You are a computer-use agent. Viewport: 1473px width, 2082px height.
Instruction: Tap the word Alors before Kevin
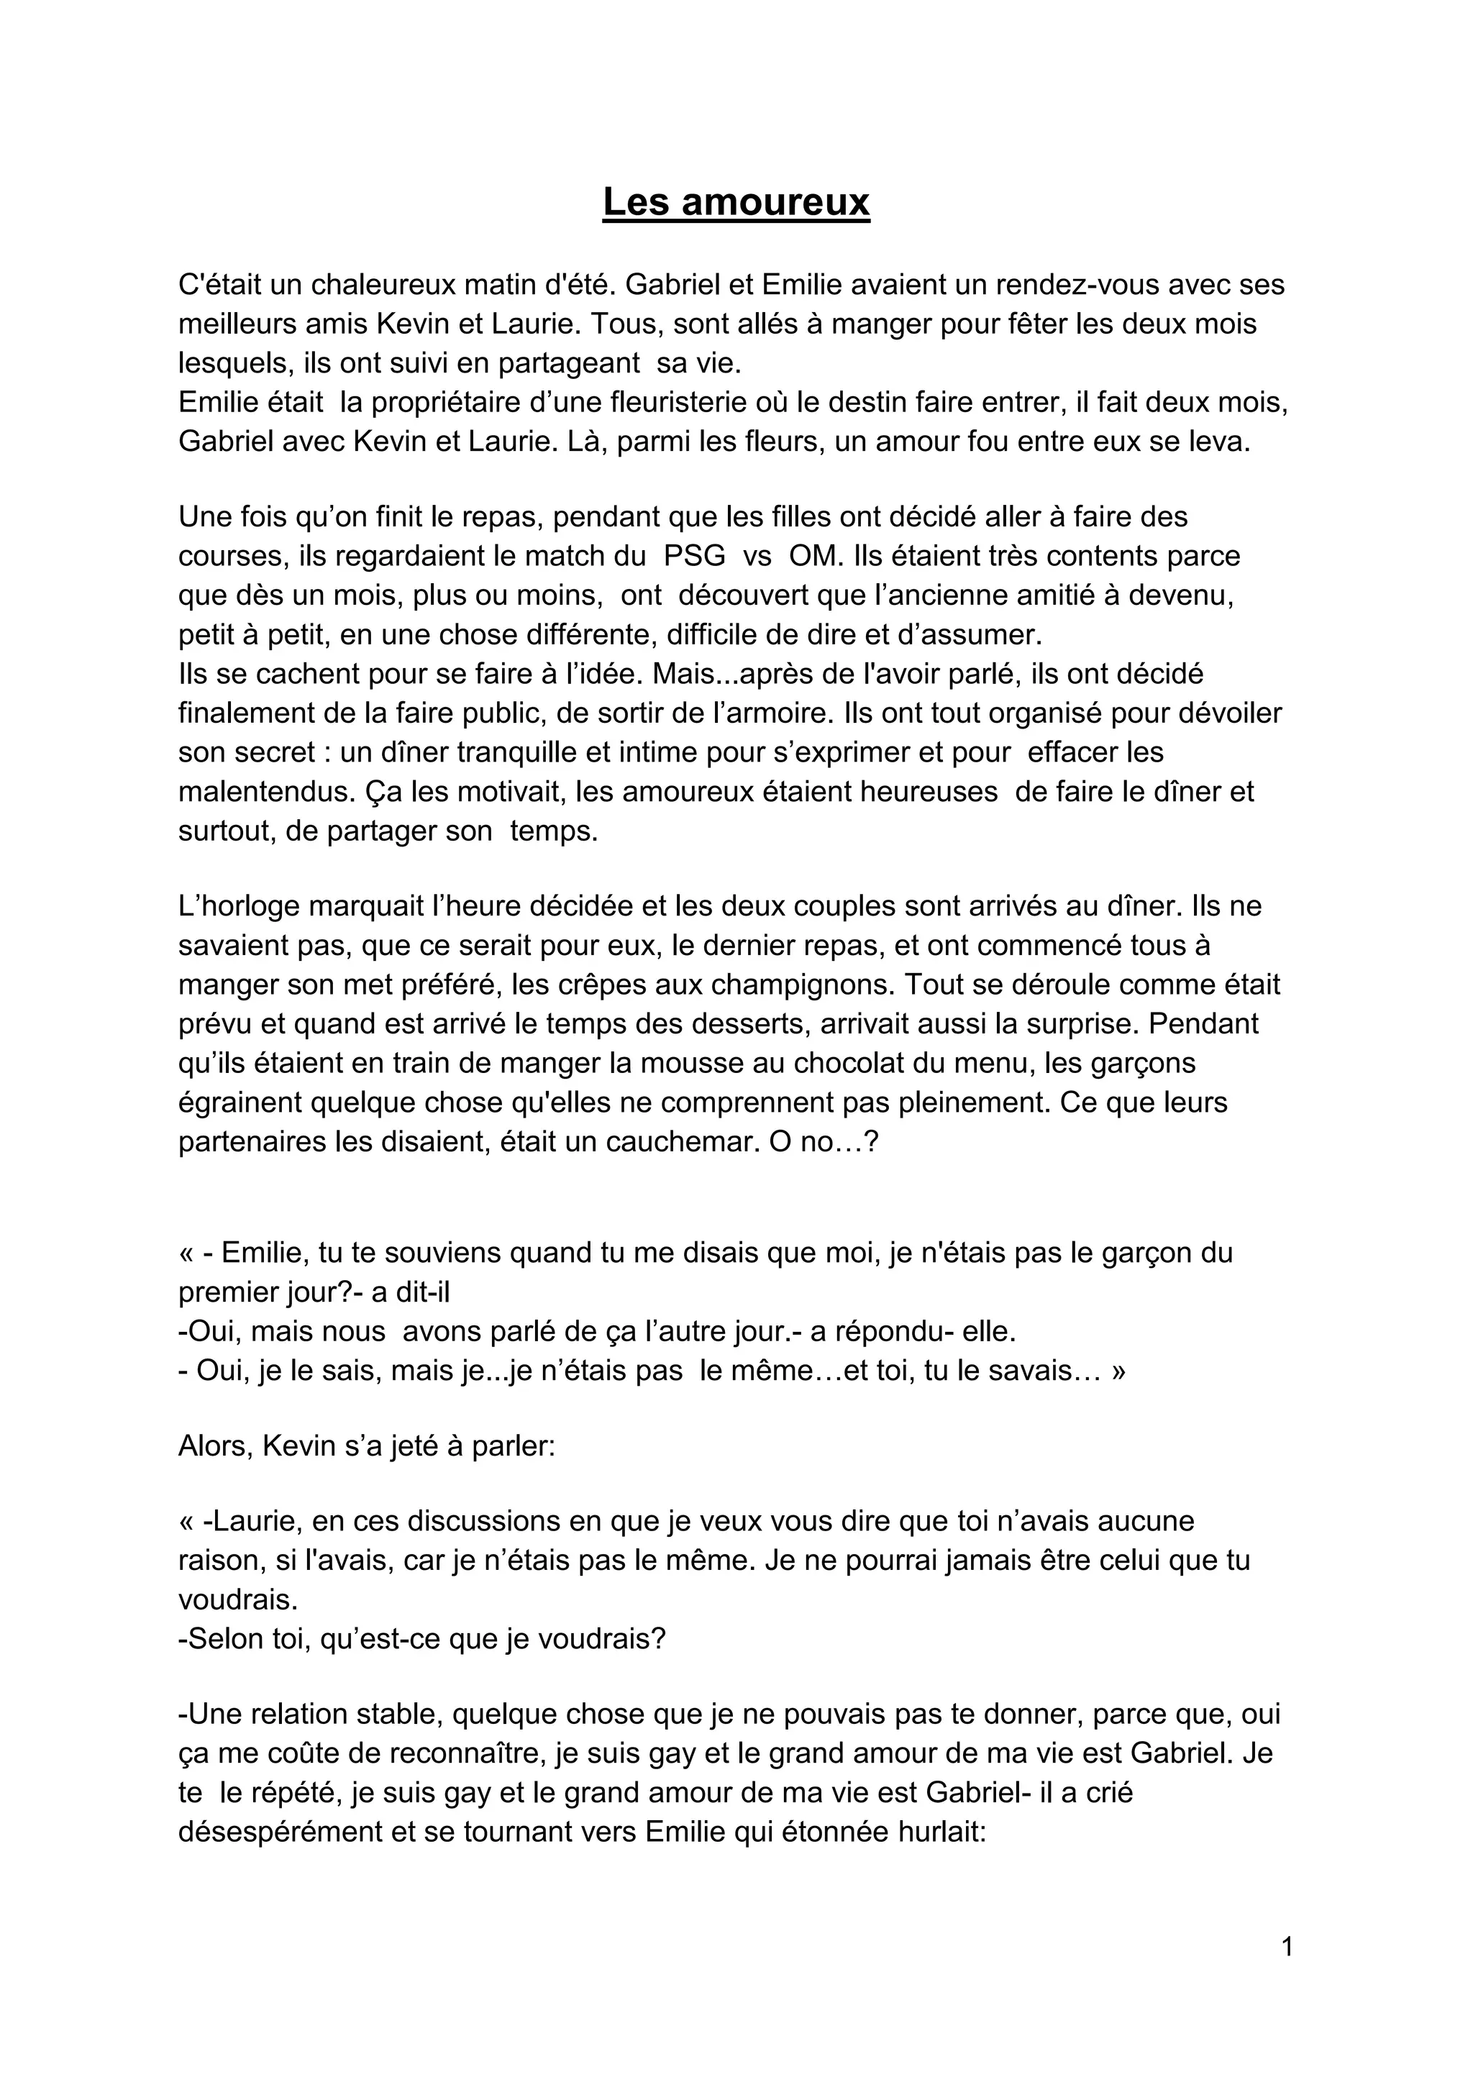click(x=213, y=1445)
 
